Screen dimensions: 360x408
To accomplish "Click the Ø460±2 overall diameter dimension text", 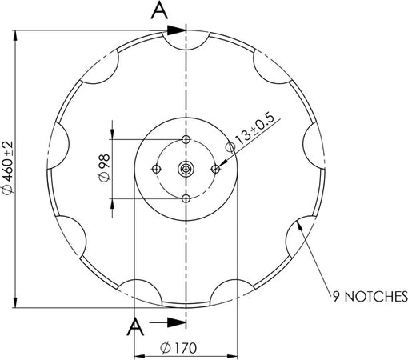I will click(x=8, y=169).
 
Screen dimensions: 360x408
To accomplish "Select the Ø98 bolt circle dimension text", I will click(x=102, y=169).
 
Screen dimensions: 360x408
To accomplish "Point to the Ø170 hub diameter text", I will click(x=180, y=349).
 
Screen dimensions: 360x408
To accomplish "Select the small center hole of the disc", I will click(x=186, y=169).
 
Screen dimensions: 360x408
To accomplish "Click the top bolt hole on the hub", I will click(x=186, y=139).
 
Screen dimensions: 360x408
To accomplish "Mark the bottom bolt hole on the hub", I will click(x=186, y=198).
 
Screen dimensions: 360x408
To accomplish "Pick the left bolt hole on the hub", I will click(x=156, y=169).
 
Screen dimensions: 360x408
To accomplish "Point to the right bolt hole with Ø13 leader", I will click(x=215, y=169).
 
